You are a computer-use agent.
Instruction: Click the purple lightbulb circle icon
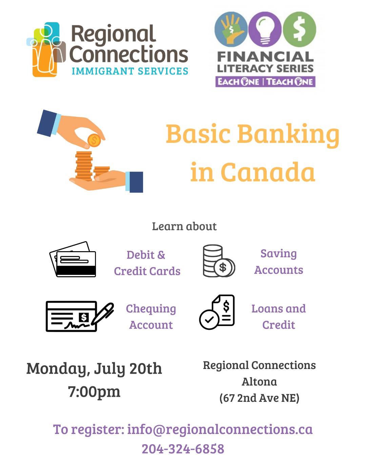[x=265, y=29]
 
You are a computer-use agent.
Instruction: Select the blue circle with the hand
[x=231, y=29]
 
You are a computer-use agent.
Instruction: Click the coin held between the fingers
[x=94, y=140]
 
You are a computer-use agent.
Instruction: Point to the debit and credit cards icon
[x=73, y=259]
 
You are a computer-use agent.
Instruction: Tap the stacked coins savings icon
[x=219, y=261]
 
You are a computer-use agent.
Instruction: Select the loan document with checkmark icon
[x=217, y=312]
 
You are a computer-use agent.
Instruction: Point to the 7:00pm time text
[x=94, y=392]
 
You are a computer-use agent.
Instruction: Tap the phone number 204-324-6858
[x=183, y=449]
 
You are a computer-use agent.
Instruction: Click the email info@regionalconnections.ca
[x=220, y=429]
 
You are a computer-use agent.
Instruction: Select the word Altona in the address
[x=259, y=382]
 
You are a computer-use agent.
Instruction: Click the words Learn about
[x=184, y=226]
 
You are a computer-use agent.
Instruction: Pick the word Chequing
[x=151, y=309]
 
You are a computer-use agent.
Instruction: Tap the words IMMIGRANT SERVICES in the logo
[x=130, y=71]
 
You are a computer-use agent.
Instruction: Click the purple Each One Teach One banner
[x=265, y=82]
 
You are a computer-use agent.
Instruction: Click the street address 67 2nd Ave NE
[x=259, y=398]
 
